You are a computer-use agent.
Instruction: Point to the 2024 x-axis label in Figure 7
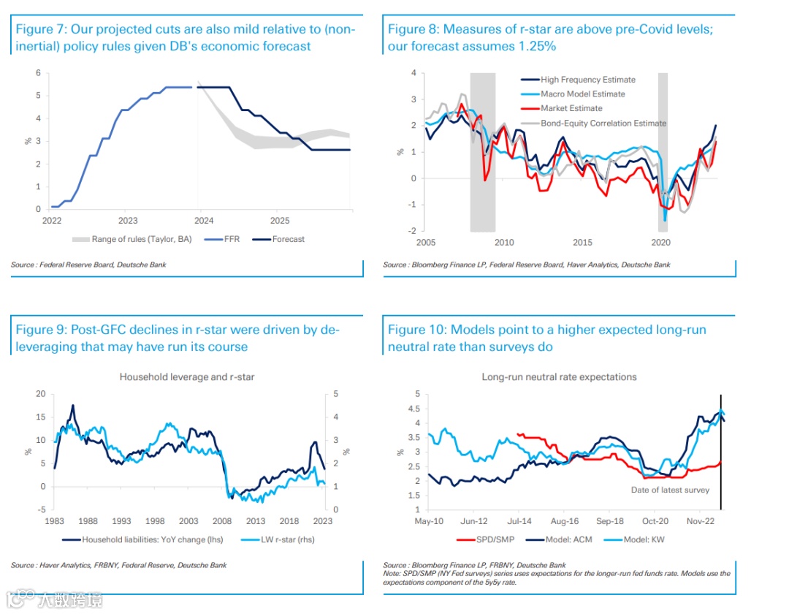204,220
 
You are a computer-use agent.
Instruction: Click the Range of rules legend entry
131,239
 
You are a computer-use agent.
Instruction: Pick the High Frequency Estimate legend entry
587,80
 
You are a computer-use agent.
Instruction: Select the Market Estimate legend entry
571,109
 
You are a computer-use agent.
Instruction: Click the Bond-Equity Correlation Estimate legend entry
603,124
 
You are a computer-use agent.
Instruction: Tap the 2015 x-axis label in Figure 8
582,242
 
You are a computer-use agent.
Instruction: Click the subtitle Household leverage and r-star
187,377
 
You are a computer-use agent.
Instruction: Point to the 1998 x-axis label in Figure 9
154,521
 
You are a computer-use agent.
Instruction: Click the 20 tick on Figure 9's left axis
40,394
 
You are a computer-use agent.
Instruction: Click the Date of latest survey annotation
670,490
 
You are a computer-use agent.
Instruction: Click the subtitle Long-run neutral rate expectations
559,377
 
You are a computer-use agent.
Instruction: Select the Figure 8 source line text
526,265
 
